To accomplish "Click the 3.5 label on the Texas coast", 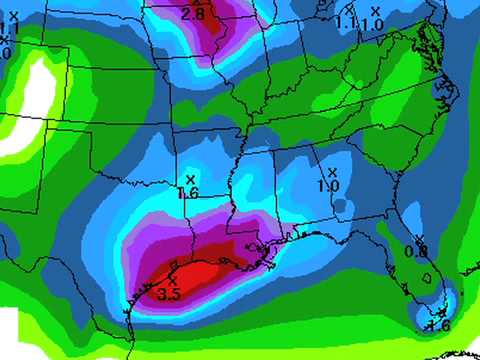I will pyautogui.click(x=169, y=295).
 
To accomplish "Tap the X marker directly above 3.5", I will pyautogui.click(x=172, y=281).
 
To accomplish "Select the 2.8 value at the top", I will pyautogui.click(x=192, y=14).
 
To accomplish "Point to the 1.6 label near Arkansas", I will pyautogui.click(x=188, y=193).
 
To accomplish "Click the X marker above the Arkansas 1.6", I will pyautogui.click(x=189, y=180).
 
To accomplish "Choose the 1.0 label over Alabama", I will pyautogui.click(x=328, y=186).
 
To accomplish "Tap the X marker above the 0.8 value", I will pyautogui.click(x=420, y=239).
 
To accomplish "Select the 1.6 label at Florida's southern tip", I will pyautogui.click(x=437, y=324).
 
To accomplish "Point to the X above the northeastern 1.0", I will pyautogui.click(x=375, y=11).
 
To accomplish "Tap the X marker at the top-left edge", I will pyautogui.click(x=13, y=14).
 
